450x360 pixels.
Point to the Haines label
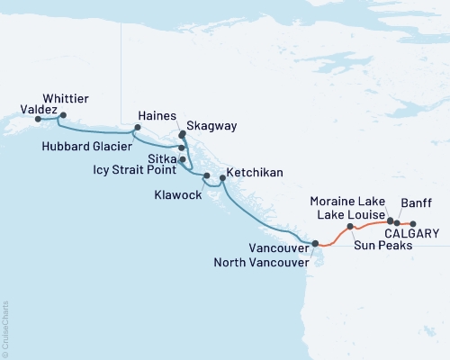coord(157,115)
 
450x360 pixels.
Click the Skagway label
coord(212,127)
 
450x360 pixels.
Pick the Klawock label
coord(179,193)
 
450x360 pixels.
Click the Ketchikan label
coord(256,171)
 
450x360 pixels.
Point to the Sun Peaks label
coord(376,245)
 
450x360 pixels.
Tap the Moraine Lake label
coord(346,199)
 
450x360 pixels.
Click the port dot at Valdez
coord(38,118)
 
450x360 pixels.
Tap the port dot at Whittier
coord(61,115)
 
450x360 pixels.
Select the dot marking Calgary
coord(413,222)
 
